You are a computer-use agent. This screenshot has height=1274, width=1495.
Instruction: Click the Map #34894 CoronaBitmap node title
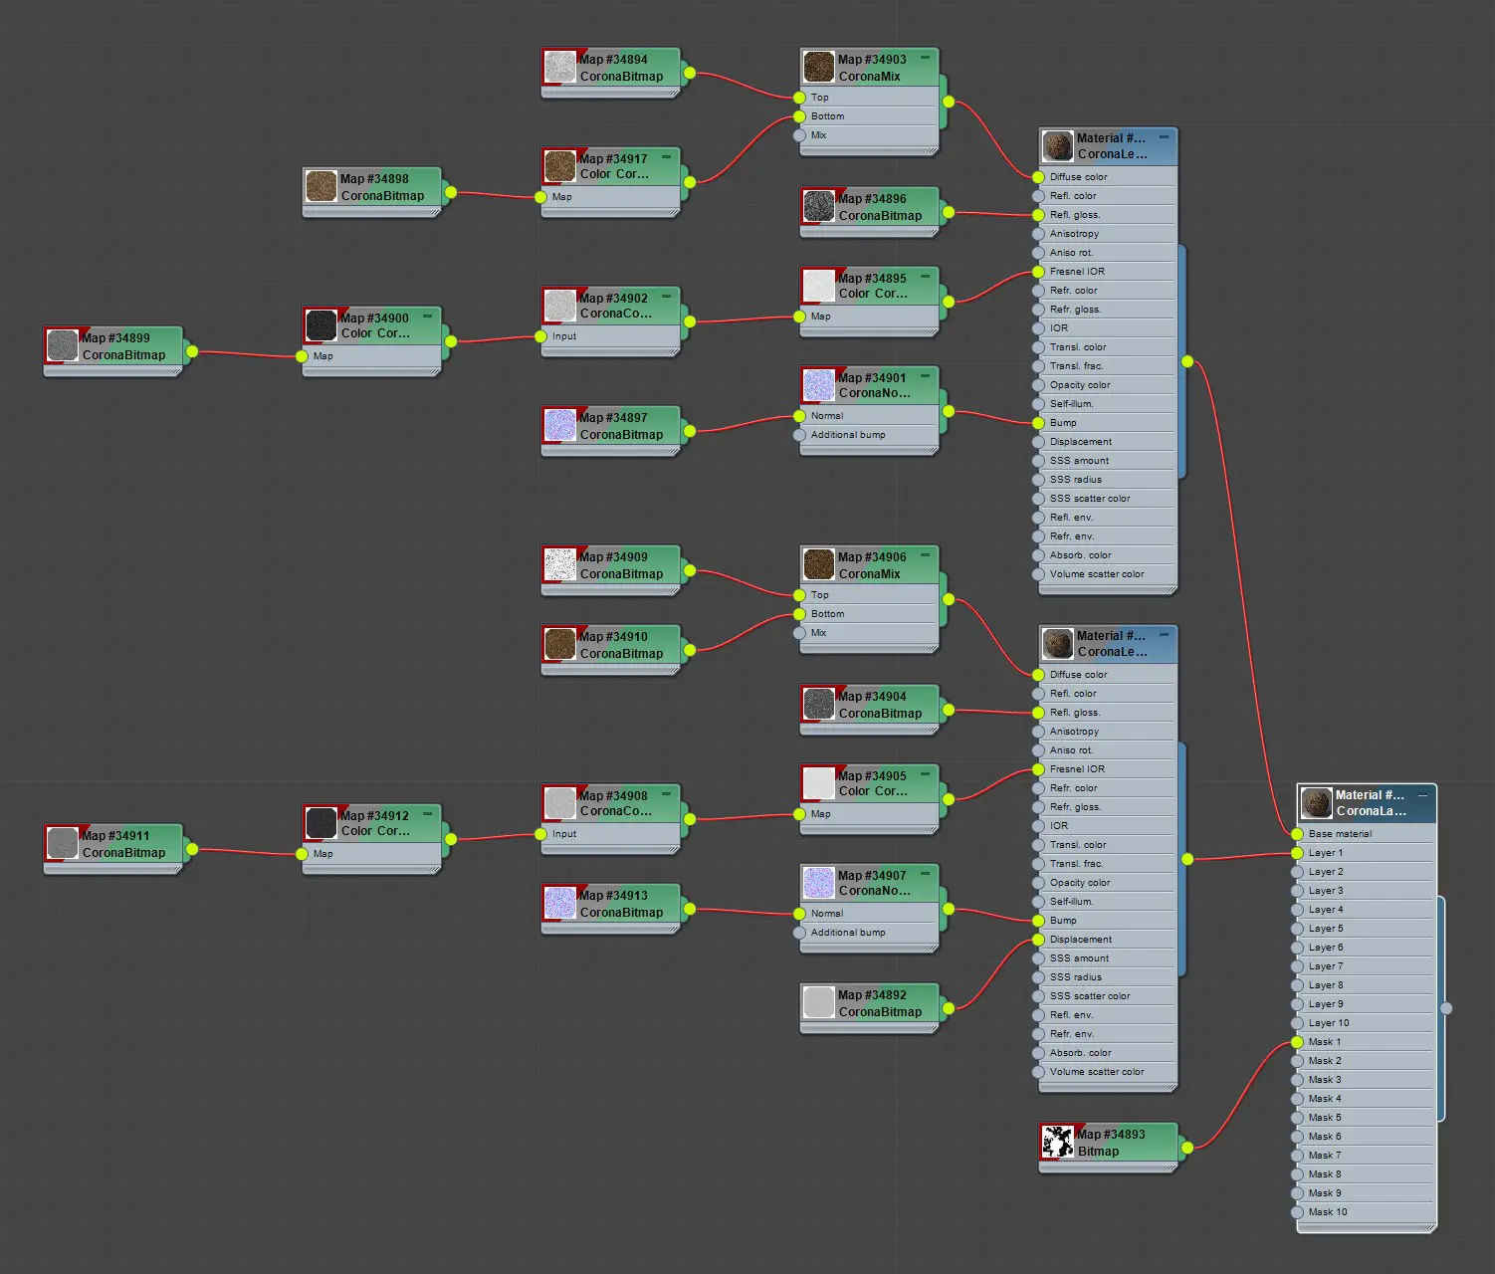[x=620, y=68]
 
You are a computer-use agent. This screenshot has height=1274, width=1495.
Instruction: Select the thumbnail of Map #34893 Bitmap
[x=1057, y=1142]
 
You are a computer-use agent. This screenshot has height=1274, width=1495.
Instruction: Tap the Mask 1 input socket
[x=1297, y=1042]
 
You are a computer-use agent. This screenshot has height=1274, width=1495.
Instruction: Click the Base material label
[x=1340, y=833]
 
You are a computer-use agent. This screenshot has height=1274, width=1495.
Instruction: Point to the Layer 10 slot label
[x=1329, y=1023]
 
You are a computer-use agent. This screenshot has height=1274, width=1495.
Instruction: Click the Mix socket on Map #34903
[x=799, y=135]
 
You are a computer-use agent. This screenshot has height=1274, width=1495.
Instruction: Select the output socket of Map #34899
[x=192, y=351]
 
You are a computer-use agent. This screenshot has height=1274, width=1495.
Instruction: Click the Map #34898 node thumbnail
[x=321, y=186]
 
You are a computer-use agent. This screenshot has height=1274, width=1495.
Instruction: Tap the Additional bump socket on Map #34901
[x=799, y=435]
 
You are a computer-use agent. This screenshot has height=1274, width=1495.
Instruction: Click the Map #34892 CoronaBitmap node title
[x=880, y=1003]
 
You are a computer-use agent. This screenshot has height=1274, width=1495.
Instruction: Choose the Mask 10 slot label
[x=1327, y=1211]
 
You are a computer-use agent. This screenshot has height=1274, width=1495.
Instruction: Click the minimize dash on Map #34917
[x=666, y=156]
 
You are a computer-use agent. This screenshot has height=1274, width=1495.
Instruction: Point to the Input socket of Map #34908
[x=541, y=834]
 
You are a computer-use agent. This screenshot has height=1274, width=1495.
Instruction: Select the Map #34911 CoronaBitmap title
[x=123, y=844]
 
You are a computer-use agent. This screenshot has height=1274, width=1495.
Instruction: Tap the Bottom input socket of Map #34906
[x=799, y=614]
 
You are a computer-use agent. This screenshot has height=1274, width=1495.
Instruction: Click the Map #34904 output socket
[x=949, y=710]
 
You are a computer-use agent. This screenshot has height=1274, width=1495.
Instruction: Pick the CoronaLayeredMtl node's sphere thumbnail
[x=1317, y=802]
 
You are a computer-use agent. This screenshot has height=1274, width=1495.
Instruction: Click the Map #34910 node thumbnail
[x=559, y=644]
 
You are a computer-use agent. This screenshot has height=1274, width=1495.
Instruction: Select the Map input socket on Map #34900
[x=302, y=356]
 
